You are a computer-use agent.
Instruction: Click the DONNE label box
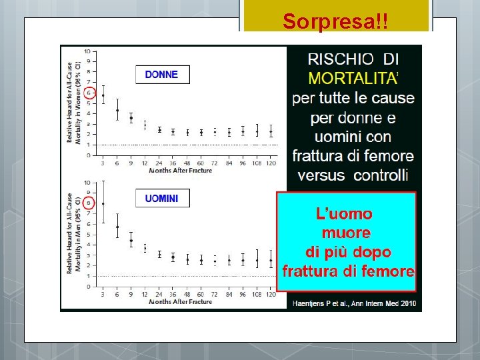click(161, 75)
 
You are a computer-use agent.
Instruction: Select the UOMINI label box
click(161, 198)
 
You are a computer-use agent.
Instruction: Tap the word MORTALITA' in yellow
click(353, 78)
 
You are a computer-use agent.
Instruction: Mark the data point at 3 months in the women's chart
click(103, 95)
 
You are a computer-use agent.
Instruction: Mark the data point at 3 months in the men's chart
click(103, 203)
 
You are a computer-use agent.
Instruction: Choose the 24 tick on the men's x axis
click(159, 294)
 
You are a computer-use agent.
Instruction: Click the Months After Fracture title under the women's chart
click(180, 171)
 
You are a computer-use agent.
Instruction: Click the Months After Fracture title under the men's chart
click(180, 302)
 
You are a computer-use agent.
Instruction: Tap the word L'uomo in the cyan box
click(344, 214)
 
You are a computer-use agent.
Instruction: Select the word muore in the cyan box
click(346, 233)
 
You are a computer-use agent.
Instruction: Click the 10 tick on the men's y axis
click(87, 183)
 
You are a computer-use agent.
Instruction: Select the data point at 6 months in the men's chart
click(117, 227)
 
